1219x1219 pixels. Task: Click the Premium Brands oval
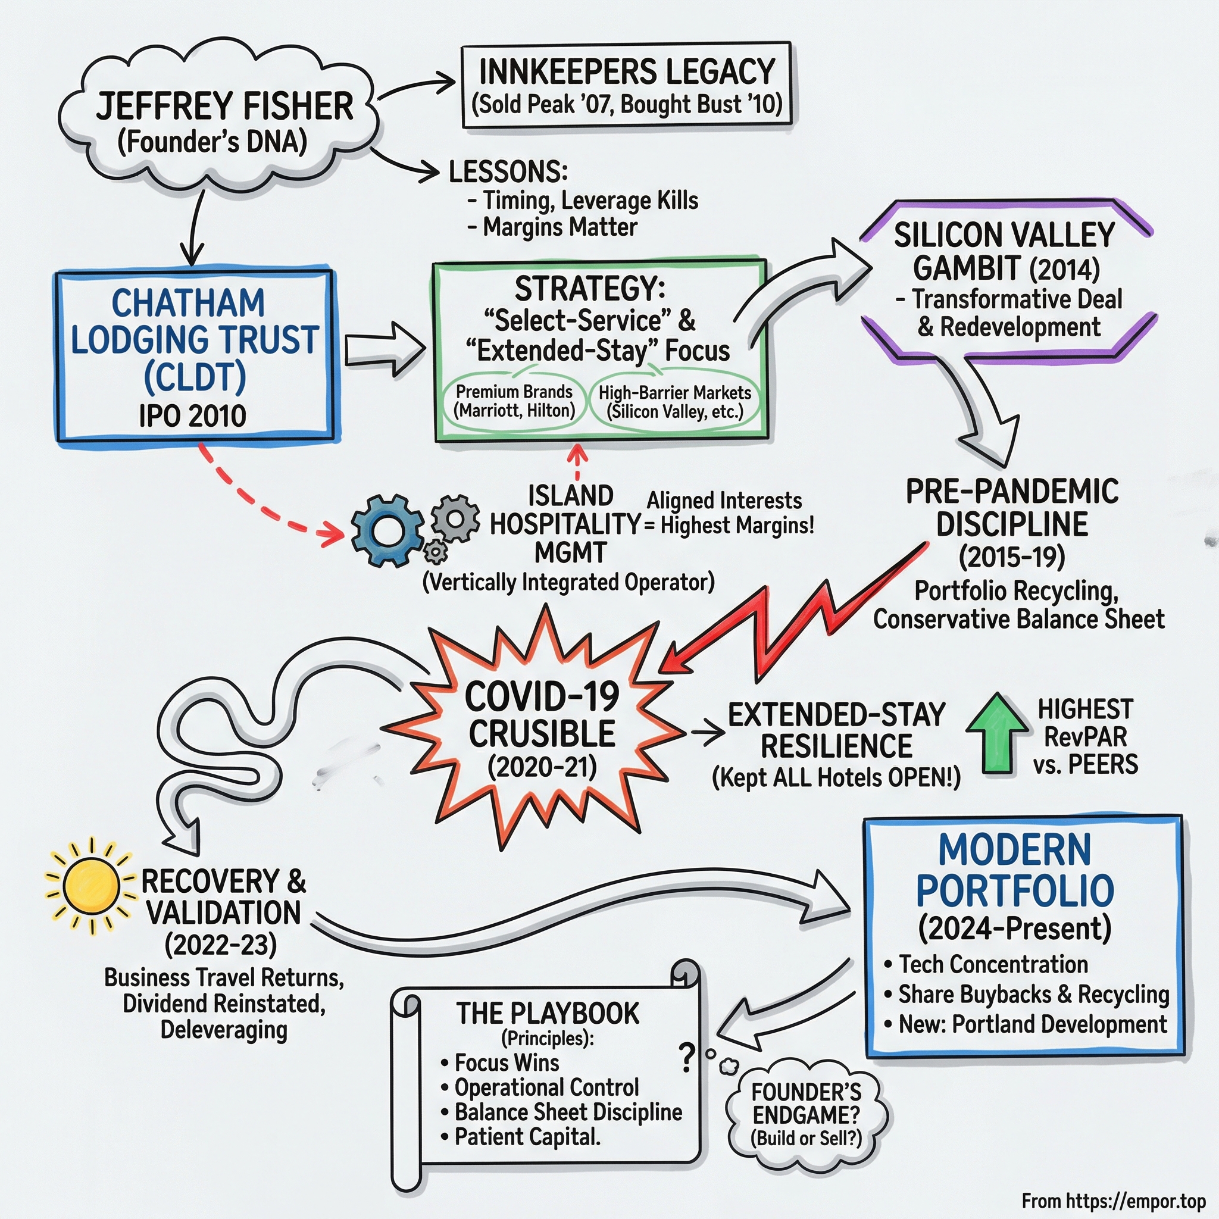click(x=514, y=401)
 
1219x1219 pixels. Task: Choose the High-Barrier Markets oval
click(x=674, y=402)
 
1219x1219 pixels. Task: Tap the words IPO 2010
click(x=192, y=416)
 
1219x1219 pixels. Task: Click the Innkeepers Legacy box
click(x=627, y=85)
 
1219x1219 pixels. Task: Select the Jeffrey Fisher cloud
click(x=221, y=120)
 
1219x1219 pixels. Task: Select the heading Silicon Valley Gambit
click(x=1005, y=251)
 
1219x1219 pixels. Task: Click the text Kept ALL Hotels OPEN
click(x=836, y=777)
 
